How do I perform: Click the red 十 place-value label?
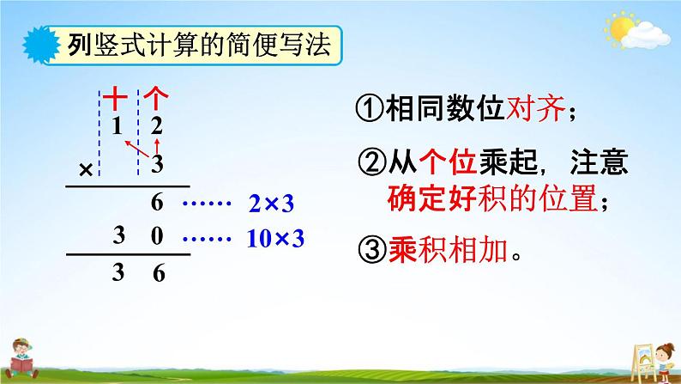115,98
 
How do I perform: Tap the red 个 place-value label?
155,98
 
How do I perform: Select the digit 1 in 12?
117,126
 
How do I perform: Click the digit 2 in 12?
156,126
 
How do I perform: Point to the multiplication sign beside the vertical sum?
86,169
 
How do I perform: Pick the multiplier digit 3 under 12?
157,164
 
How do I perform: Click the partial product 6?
157,203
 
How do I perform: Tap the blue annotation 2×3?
271,204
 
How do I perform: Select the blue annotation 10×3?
275,238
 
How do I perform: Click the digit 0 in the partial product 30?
157,235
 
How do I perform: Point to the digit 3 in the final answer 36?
118,272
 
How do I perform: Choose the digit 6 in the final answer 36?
159,273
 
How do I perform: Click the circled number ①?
369,108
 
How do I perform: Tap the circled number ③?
371,250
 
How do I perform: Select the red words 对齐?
535,108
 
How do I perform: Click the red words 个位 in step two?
449,162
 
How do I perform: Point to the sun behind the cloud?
622,28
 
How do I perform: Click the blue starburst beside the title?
41,45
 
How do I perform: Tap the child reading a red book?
21,358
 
